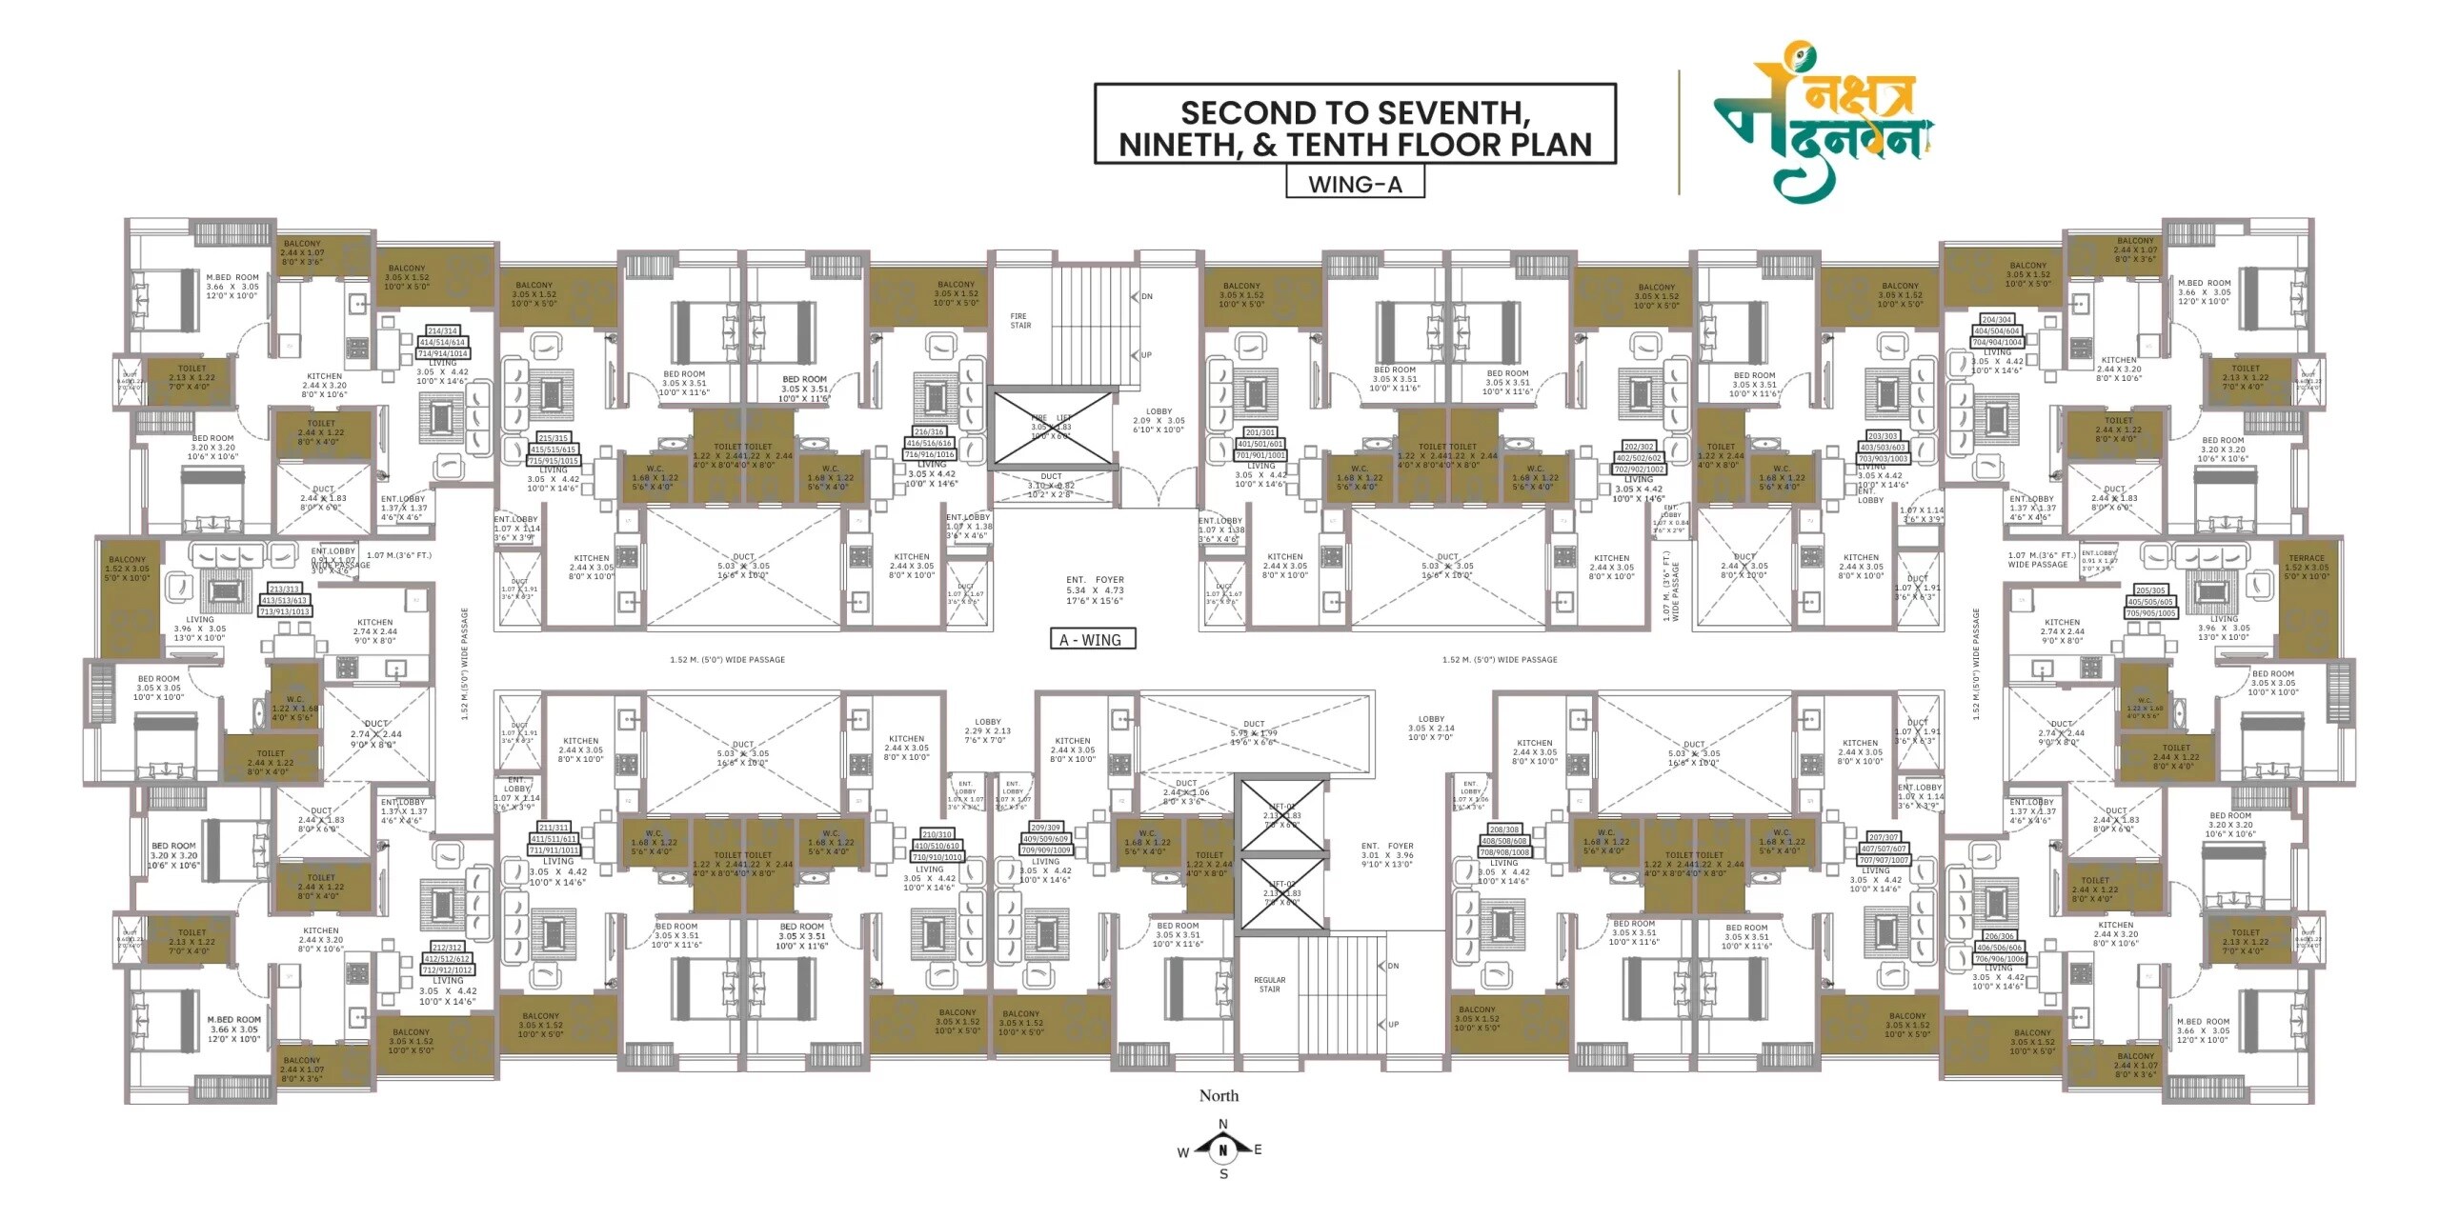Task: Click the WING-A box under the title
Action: (x=1355, y=184)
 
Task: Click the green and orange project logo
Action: (x=1824, y=123)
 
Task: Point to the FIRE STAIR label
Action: (x=1019, y=321)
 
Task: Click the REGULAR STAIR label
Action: (x=1269, y=985)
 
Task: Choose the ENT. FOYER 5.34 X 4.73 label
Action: (x=1095, y=590)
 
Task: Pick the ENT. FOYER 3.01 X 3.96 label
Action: (x=1387, y=855)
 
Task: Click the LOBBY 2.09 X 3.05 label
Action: (x=1159, y=421)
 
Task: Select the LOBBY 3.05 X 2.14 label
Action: (x=1431, y=729)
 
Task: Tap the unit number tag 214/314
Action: (x=442, y=331)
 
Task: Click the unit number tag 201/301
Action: (x=1260, y=432)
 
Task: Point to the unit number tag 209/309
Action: (x=1045, y=828)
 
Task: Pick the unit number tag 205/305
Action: (x=2150, y=590)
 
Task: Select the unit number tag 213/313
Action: (x=285, y=590)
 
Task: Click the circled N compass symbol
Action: (x=1223, y=1150)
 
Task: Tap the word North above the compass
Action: (x=1219, y=1096)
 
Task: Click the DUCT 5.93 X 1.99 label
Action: (x=1254, y=732)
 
